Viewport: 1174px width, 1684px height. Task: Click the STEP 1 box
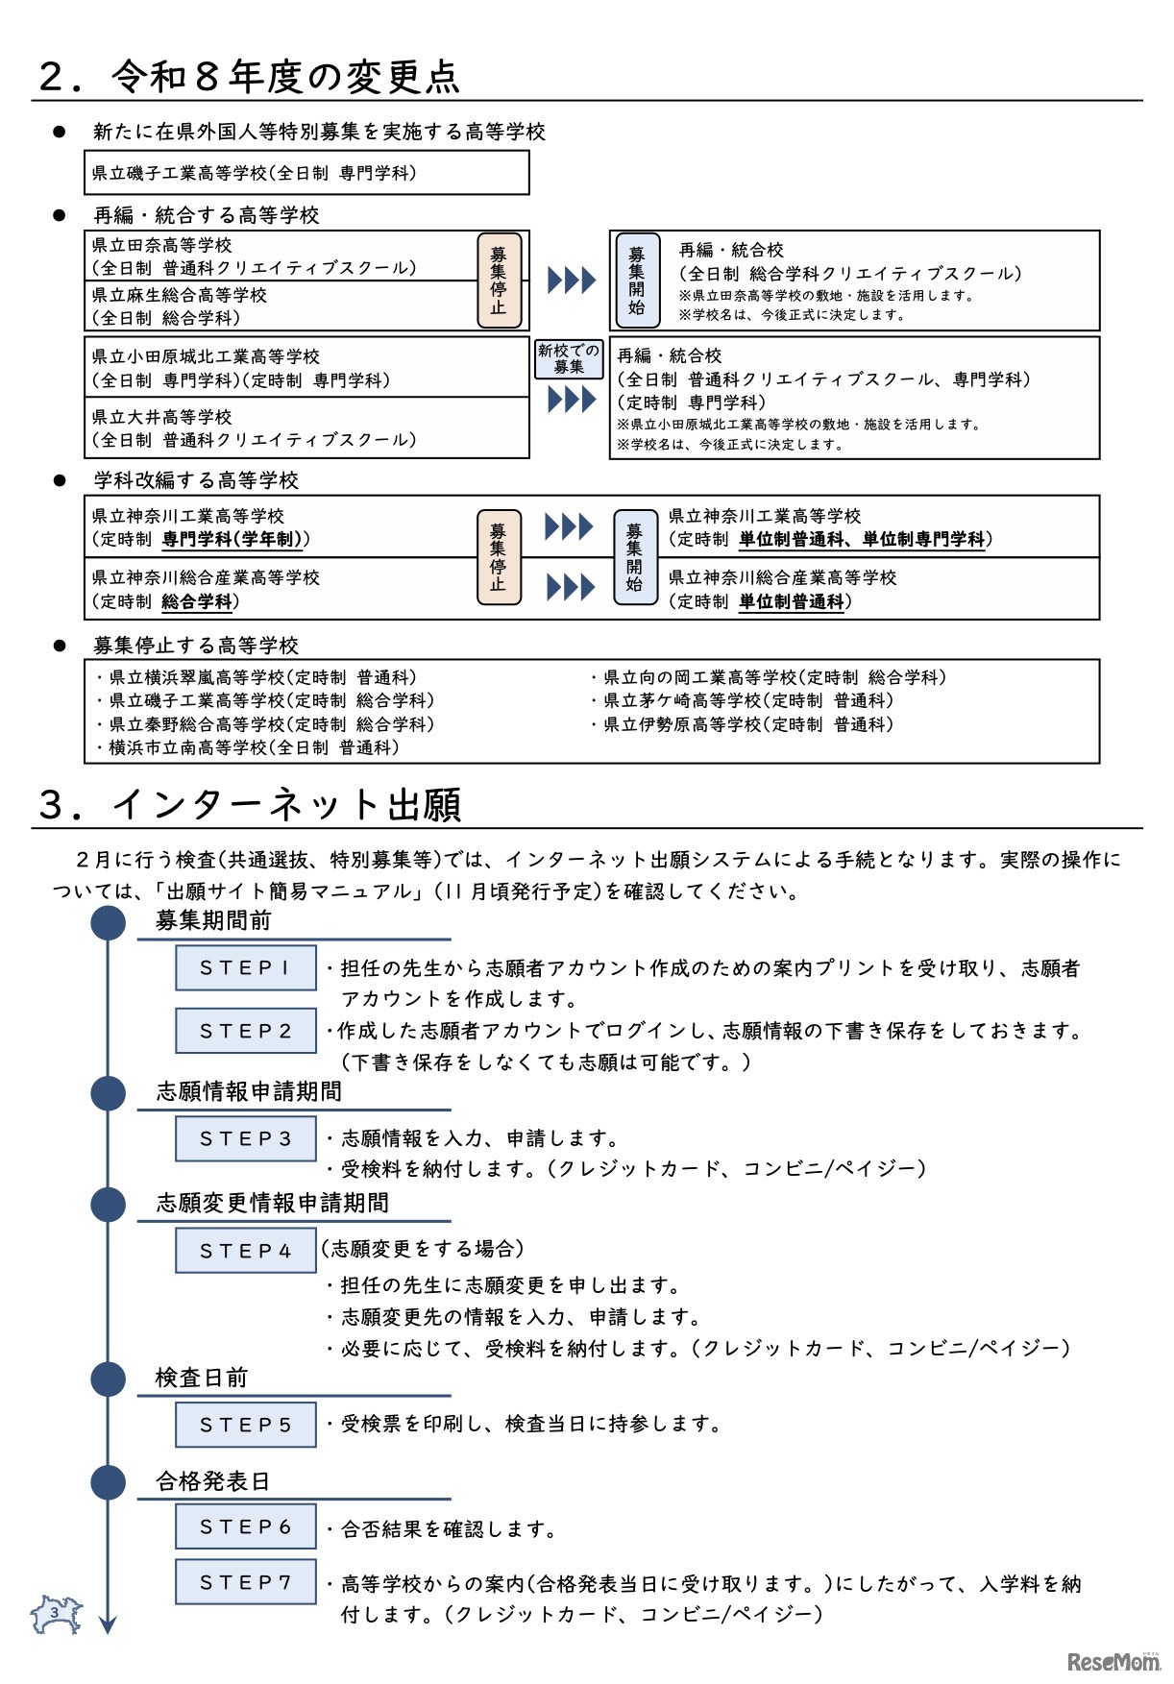click(x=245, y=967)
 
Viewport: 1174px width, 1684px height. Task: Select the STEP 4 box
click(x=245, y=1250)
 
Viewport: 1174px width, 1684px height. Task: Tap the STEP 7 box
click(x=245, y=1581)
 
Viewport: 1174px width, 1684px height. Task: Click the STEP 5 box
click(x=245, y=1424)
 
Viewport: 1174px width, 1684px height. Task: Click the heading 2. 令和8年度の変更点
click(x=249, y=77)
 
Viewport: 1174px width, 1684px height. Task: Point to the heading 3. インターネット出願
click(x=250, y=804)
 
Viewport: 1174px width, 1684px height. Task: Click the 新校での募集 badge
click(x=569, y=358)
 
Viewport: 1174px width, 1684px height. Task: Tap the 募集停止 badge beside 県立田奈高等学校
click(x=499, y=280)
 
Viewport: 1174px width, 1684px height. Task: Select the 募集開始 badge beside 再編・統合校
click(x=637, y=280)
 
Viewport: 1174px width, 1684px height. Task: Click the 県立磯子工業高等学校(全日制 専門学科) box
click(x=306, y=173)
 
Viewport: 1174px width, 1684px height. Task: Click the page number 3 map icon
click(x=56, y=1614)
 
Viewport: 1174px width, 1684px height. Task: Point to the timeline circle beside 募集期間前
click(x=109, y=922)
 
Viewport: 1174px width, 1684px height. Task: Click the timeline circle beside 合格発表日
click(x=109, y=1481)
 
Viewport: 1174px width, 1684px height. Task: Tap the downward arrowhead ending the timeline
click(x=108, y=1624)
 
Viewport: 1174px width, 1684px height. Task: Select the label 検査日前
click(x=202, y=1378)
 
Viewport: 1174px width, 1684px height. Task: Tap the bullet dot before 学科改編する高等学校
click(x=60, y=480)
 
